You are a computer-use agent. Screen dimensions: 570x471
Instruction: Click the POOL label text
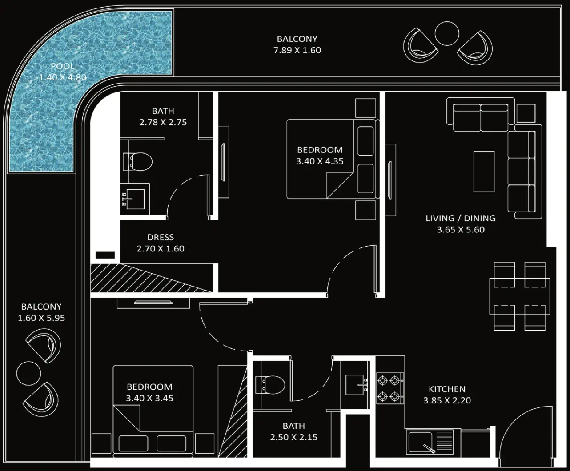click(x=62, y=66)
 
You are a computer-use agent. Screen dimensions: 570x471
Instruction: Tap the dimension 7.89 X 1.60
click(x=297, y=50)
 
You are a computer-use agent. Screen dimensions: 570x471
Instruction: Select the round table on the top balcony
click(x=447, y=33)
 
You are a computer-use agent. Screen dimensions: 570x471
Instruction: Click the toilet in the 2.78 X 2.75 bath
click(x=137, y=162)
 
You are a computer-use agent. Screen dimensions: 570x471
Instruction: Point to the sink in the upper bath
click(x=135, y=199)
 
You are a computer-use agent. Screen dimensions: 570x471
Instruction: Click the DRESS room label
click(x=161, y=237)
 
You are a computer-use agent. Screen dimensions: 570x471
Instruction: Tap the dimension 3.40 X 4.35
click(x=320, y=161)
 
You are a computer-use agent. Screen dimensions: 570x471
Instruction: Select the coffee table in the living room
click(x=484, y=172)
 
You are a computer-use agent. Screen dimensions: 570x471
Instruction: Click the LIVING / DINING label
click(x=461, y=218)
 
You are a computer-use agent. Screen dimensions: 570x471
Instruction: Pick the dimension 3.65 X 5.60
click(x=461, y=230)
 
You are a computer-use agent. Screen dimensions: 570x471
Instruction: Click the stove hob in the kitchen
click(x=390, y=388)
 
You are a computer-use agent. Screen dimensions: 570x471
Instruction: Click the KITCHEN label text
click(x=447, y=389)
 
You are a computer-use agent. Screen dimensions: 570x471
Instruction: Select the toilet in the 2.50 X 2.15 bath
click(x=270, y=385)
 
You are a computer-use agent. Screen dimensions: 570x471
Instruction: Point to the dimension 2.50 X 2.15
click(x=294, y=437)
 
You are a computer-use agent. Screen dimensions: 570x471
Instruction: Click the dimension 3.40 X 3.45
click(x=149, y=398)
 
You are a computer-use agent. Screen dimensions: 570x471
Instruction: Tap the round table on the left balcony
click(x=28, y=374)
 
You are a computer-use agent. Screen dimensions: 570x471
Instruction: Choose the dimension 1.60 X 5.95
click(x=41, y=318)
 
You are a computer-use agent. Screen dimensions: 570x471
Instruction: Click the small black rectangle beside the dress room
click(x=105, y=255)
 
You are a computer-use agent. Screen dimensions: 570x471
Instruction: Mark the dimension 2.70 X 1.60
click(x=161, y=249)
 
